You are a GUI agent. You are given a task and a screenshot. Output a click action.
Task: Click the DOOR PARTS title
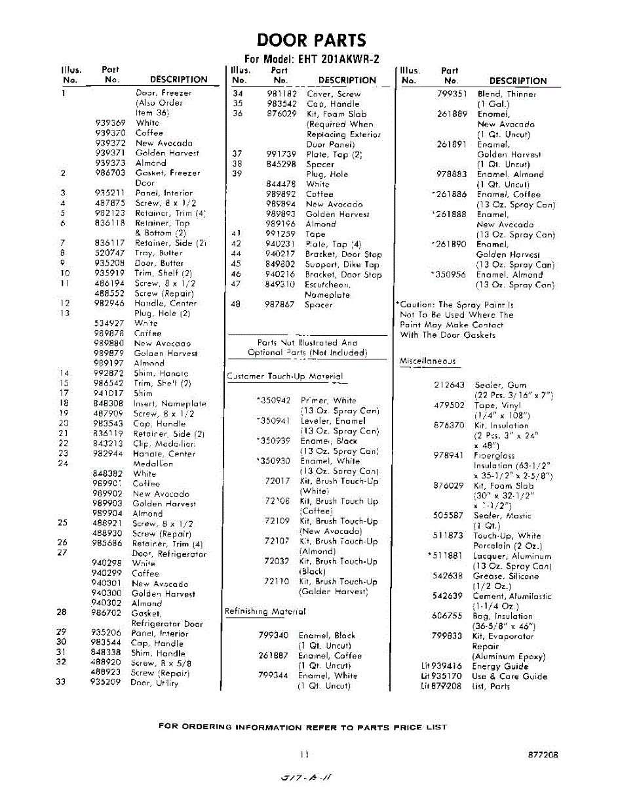point(311,40)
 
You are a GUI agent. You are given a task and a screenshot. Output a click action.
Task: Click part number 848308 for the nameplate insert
point(108,404)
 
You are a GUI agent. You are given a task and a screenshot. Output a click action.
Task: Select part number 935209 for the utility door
point(106,683)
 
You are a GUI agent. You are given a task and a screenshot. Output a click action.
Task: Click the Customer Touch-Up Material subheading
point(284,376)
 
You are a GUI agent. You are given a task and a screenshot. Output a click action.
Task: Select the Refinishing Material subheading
point(265,611)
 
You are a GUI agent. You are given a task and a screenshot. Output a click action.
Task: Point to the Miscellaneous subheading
point(427,361)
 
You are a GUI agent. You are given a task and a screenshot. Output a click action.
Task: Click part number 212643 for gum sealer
point(449,385)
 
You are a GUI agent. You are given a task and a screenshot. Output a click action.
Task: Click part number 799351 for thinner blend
point(452,94)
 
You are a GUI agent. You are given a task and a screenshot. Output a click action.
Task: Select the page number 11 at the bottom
point(305,755)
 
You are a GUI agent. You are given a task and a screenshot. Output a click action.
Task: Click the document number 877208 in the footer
point(543,755)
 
